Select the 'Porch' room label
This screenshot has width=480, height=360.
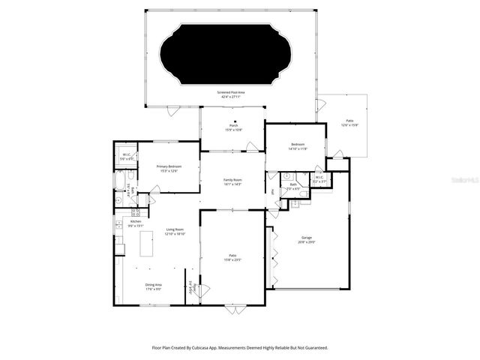tap(233, 128)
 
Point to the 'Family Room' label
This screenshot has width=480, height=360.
tap(232, 181)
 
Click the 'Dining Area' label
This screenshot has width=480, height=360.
tap(154, 286)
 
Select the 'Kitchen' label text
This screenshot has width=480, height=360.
tap(136, 222)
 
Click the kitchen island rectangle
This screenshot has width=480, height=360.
tap(146, 244)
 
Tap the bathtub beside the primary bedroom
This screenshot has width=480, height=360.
tap(120, 181)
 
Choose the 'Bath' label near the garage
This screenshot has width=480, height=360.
tap(293, 185)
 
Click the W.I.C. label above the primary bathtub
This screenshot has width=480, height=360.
tap(127, 157)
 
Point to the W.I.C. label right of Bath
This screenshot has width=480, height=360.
tap(319, 179)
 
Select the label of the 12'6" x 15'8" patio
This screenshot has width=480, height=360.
tap(349, 123)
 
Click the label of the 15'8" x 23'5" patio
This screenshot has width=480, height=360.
tap(232, 258)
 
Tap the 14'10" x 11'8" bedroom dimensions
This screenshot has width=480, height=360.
tap(297, 148)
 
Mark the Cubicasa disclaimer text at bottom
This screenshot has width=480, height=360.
tap(239, 347)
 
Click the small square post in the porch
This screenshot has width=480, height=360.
tap(234, 120)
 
